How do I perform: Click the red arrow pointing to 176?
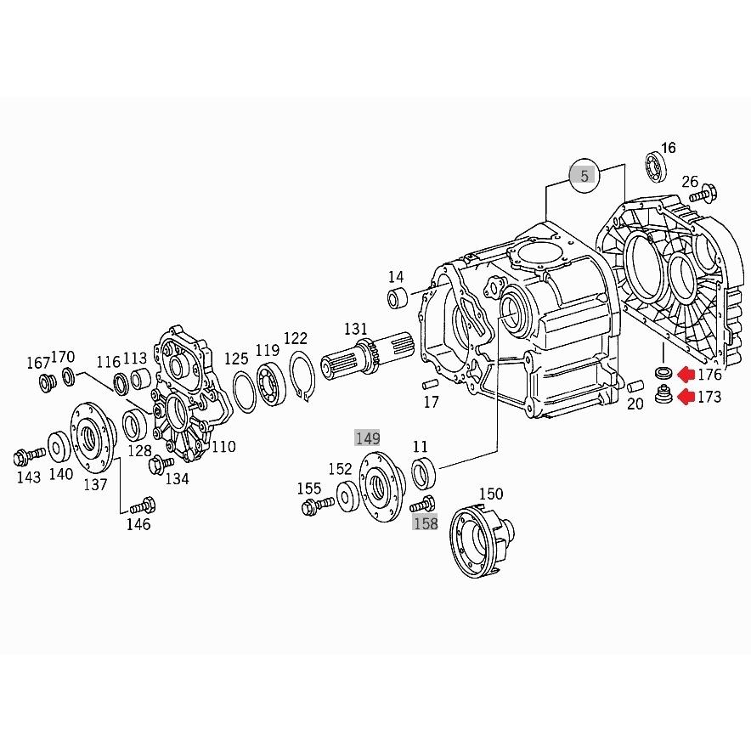tap(686, 375)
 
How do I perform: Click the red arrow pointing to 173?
tap(686, 396)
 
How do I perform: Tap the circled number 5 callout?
tap(584, 176)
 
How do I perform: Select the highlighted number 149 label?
tap(367, 438)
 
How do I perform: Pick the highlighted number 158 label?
tap(425, 523)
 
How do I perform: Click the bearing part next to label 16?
tap(656, 164)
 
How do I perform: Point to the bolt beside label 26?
tap(703, 195)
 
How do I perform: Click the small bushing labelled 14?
tap(398, 299)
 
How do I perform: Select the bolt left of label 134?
tap(156, 465)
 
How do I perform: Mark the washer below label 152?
tap(347, 496)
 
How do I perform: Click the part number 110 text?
tap(223, 447)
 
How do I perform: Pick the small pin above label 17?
tap(430, 383)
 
